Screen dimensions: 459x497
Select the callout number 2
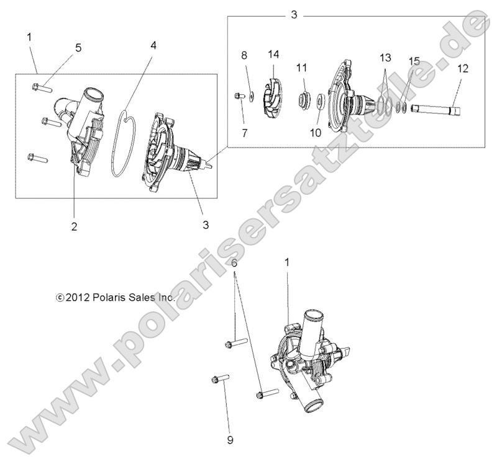(x=74, y=226)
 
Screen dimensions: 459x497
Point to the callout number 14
(x=273, y=55)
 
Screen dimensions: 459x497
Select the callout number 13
(x=385, y=58)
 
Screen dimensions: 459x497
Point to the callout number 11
(x=301, y=67)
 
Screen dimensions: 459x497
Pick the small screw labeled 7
(x=239, y=96)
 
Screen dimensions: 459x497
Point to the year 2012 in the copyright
(x=77, y=298)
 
